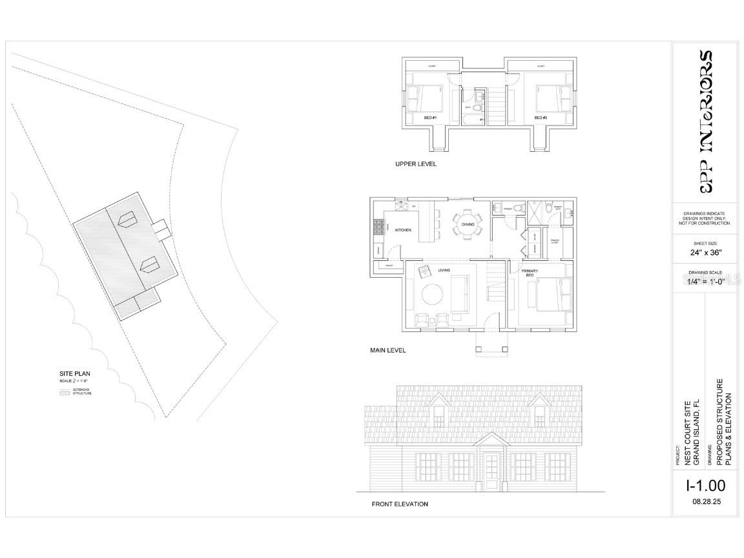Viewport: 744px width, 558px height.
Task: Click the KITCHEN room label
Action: tap(403, 230)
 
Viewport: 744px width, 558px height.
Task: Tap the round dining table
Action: tap(467, 225)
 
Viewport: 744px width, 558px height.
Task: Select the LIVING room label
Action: tap(444, 270)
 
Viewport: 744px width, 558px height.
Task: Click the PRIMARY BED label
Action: tap(529, 273)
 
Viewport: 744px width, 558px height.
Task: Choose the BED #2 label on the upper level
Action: tap(541, 118)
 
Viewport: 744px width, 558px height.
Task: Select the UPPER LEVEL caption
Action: tap(416, 164)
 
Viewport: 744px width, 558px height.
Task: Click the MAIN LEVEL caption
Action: tap(387, 351)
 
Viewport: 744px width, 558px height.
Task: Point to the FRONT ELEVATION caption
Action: tap(400, 504)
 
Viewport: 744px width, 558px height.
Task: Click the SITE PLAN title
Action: tap(71, 373)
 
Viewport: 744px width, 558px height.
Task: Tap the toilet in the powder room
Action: tap(498, 207)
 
